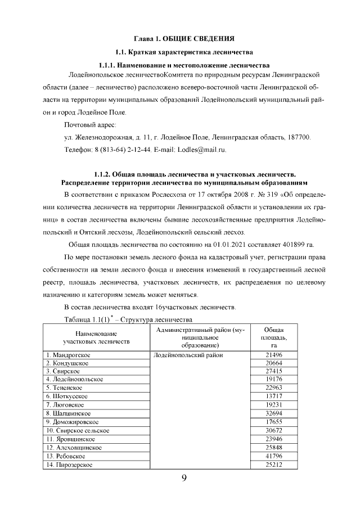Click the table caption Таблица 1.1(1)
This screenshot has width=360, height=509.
84,319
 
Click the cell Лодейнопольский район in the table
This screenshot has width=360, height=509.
188,355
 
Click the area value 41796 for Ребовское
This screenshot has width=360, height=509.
275,456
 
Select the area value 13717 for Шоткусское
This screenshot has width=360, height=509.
275,396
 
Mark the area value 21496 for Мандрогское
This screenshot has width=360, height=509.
275,355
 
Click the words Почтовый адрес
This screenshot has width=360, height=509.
90,124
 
